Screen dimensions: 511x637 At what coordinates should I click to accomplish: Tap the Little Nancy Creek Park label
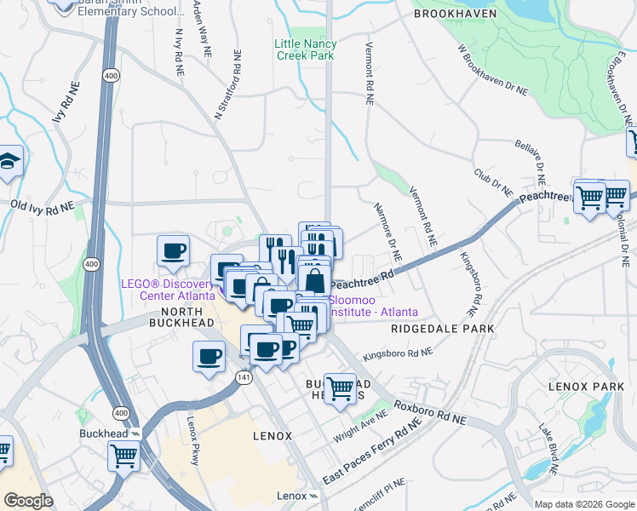pyautogui.click(x=305, y=49)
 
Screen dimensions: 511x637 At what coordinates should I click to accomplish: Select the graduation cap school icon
pyautogui.click(x=9, y=161)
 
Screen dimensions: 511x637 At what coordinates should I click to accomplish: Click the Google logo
pyautogui.click(x=28, y=501)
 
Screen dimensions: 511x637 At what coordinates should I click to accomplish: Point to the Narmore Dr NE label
pyautogui.click(x=387, y=231)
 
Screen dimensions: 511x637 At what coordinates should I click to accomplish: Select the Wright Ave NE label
pyautogui.click(x=365, y=419)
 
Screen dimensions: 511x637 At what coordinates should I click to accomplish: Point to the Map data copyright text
pyautogui.click(x=583, y=504)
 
